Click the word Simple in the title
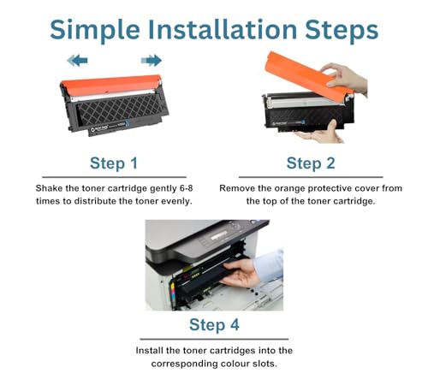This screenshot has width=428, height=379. click(95, 31)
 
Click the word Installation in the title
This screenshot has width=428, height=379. click(223, 29)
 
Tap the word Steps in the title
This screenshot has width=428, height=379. click(342, 31)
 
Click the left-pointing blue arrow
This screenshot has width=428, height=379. click(77, 61)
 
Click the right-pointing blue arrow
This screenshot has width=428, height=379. click(152, 61)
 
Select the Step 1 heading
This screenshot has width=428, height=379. click(114, 164)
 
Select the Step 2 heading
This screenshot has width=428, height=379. click(311, 164)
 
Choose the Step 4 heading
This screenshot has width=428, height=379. click(214, 325)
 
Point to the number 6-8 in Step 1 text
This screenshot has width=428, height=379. click(187, 188)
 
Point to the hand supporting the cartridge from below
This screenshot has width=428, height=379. click(323, 133)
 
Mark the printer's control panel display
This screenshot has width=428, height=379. click(219, 235)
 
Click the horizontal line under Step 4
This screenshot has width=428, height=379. click(214, 340)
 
